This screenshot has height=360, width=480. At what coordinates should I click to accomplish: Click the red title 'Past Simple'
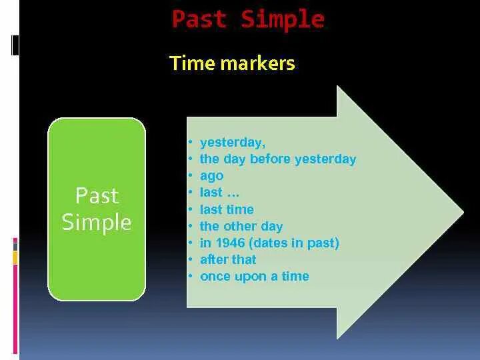click(248, 19)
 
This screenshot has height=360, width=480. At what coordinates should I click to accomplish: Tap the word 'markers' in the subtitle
click(258, 63)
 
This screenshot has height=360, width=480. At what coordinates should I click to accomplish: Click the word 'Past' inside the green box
click(97, 195)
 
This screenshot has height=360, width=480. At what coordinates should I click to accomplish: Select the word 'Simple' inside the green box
click(97, 222)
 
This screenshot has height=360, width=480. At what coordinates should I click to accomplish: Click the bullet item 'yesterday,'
click(233, 143)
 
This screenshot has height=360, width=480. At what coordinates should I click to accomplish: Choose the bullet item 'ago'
click(211, 176)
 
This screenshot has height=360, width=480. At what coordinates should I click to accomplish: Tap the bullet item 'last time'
click(227, 210)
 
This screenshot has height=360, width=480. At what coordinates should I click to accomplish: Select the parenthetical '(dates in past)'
click(294, 243)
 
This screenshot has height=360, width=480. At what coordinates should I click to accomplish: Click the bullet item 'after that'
click(228, 259)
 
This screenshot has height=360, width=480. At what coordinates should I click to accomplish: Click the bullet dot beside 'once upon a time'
click(191, 276)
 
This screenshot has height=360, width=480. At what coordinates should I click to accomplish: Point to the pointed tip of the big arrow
click(463, 212)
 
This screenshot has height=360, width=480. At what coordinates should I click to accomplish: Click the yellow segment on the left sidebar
click(15, 258)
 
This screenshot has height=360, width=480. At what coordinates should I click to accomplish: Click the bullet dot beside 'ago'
click(191, 176)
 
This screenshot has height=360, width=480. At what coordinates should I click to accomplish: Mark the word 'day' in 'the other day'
click(271, 227)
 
